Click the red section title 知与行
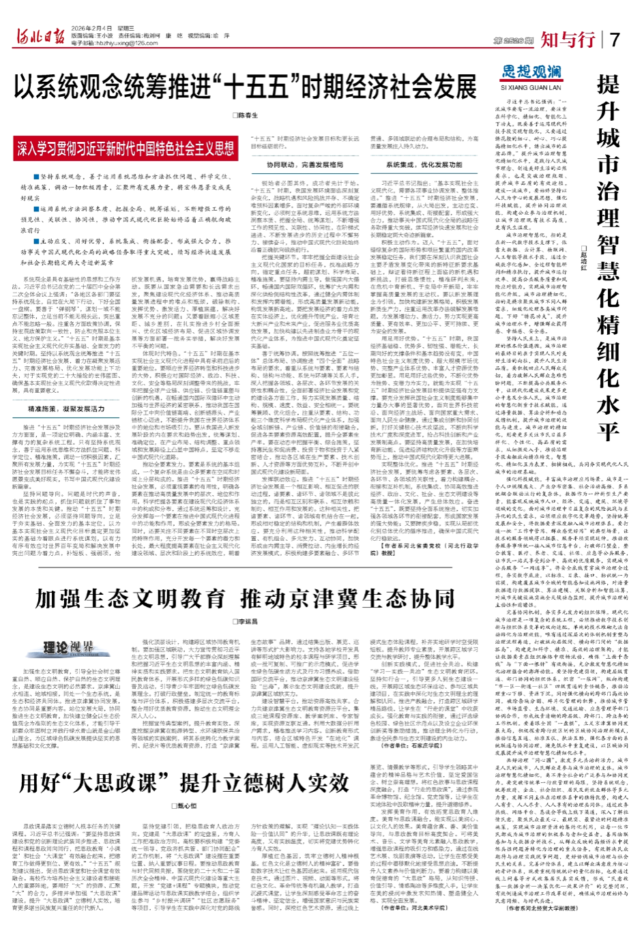click(568, 40)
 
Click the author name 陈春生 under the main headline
click(248, 116)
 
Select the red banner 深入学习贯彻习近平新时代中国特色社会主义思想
click(126, 148)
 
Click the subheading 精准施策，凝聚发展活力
click(66, 409)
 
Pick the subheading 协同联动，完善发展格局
click(295, 165)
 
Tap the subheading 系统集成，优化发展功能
click(433, 165)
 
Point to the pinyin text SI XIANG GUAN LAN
click(531, 88)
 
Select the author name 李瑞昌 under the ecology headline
click(248, 622)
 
